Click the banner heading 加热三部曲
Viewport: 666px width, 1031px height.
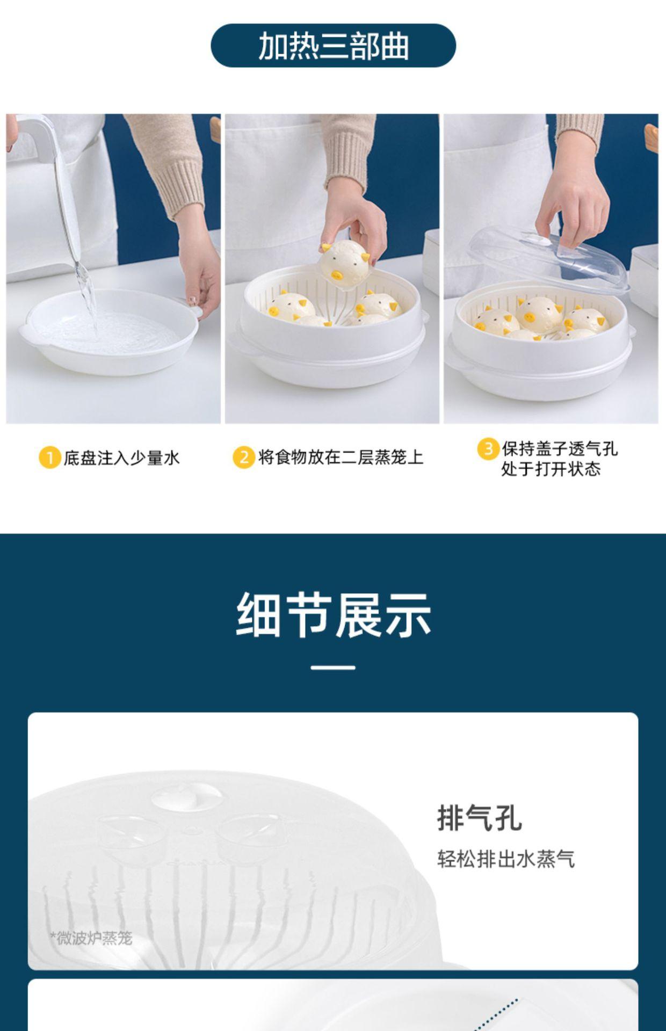click(333, 46)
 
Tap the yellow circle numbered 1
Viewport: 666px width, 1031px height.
click(49, 458)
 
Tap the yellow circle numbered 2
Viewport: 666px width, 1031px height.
click(243, 457)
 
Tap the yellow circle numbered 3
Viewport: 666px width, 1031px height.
click(488, 448)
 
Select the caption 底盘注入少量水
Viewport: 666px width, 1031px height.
click(121, 458)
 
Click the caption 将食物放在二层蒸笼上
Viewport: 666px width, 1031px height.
click(341, 457)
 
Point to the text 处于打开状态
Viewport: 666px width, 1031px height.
click(551, 469)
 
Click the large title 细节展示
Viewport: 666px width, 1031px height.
click(333, 615)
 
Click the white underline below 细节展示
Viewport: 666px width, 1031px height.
click(333, 667)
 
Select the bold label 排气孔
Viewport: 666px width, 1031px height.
click(479, 818)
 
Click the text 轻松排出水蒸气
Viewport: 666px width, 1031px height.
click(505, 859)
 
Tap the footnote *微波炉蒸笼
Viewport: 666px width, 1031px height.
click(91, 938)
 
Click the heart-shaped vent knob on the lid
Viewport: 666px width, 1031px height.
click(186, 796)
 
